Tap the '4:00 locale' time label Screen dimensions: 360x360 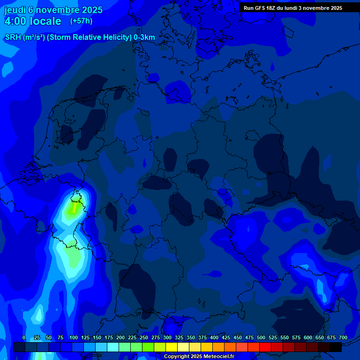pos(33,21)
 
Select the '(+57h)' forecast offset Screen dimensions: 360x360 pos(81,21)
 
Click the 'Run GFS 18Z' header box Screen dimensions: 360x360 pos(293,8)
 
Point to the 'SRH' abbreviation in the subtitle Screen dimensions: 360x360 pos(13,37)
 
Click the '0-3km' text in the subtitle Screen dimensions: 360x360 pos(144,37)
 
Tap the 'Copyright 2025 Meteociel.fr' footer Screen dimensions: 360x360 pos(199,357)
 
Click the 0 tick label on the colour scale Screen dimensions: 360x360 pos(24,337)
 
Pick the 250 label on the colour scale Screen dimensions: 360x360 pos(144,337)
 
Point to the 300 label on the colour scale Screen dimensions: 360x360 pos(167,337)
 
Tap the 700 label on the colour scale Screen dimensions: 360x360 pos(343,337)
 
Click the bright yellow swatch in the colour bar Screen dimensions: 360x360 pos(172,347)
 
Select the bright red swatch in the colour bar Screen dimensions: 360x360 pos(265,347)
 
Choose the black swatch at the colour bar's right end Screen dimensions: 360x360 pos(336,347)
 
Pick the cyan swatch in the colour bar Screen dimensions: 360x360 pos(113,347)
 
